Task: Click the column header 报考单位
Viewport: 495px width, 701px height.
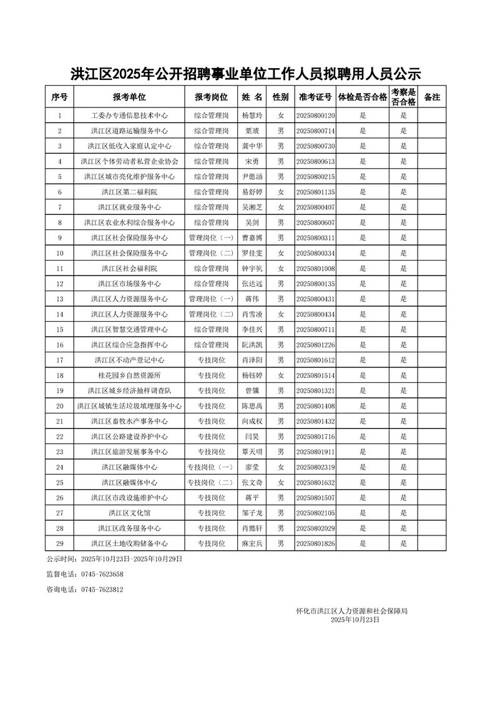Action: (129, 97)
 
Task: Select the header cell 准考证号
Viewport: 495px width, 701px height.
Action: (315, 97)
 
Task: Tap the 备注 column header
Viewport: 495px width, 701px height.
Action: (432, 97)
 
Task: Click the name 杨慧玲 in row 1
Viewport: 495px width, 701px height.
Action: (253, 116)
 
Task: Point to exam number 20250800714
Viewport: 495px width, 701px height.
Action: (315, 131)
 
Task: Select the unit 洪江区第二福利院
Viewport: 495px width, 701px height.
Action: (129, 192)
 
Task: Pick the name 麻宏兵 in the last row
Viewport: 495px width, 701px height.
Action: (253, 544)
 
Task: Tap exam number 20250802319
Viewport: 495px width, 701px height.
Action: (315, 467)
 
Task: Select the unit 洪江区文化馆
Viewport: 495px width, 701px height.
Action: (129, 513)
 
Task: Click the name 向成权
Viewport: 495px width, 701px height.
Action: (253, 421)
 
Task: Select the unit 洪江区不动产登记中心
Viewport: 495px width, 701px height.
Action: (129, 360)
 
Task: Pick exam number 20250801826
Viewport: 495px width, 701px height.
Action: (315, 544)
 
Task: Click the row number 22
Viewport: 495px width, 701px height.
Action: (60, 437)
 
